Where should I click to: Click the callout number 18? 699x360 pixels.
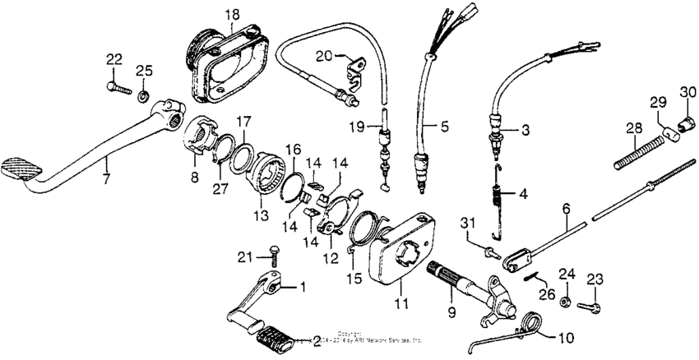pos(233,15)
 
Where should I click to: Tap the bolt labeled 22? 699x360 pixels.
pos(118,85)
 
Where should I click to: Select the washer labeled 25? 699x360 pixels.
pos(143,98)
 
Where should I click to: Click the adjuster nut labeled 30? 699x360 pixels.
pos(682,128)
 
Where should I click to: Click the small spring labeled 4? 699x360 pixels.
pos(496,198)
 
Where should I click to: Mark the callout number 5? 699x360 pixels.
pos(443,127)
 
